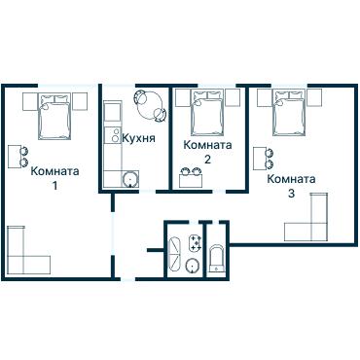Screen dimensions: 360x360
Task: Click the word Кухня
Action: point(138,138)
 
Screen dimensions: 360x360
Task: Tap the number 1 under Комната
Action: point(54,186)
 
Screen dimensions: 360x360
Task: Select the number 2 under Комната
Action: point(207,160)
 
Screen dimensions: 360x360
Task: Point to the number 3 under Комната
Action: point(291,194)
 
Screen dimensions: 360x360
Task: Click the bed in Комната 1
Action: point(54,117)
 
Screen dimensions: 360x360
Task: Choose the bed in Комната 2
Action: point(207,113)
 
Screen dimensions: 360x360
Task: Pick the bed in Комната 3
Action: point(289,113)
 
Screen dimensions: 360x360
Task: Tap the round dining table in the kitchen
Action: point(150,105)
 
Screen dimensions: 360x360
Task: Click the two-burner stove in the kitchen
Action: point(113,134)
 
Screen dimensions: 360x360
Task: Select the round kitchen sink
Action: point(130,179)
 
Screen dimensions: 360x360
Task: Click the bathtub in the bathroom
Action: point(174,255)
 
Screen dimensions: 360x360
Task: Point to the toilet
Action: point(216,259)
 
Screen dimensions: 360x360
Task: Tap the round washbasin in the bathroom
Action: point(193,266)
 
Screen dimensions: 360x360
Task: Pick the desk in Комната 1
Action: point(14,157)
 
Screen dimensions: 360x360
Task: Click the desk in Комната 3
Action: point(260,159)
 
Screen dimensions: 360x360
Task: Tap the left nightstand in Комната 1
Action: point(30,101)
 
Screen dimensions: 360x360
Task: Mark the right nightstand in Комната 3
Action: point(314,97)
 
